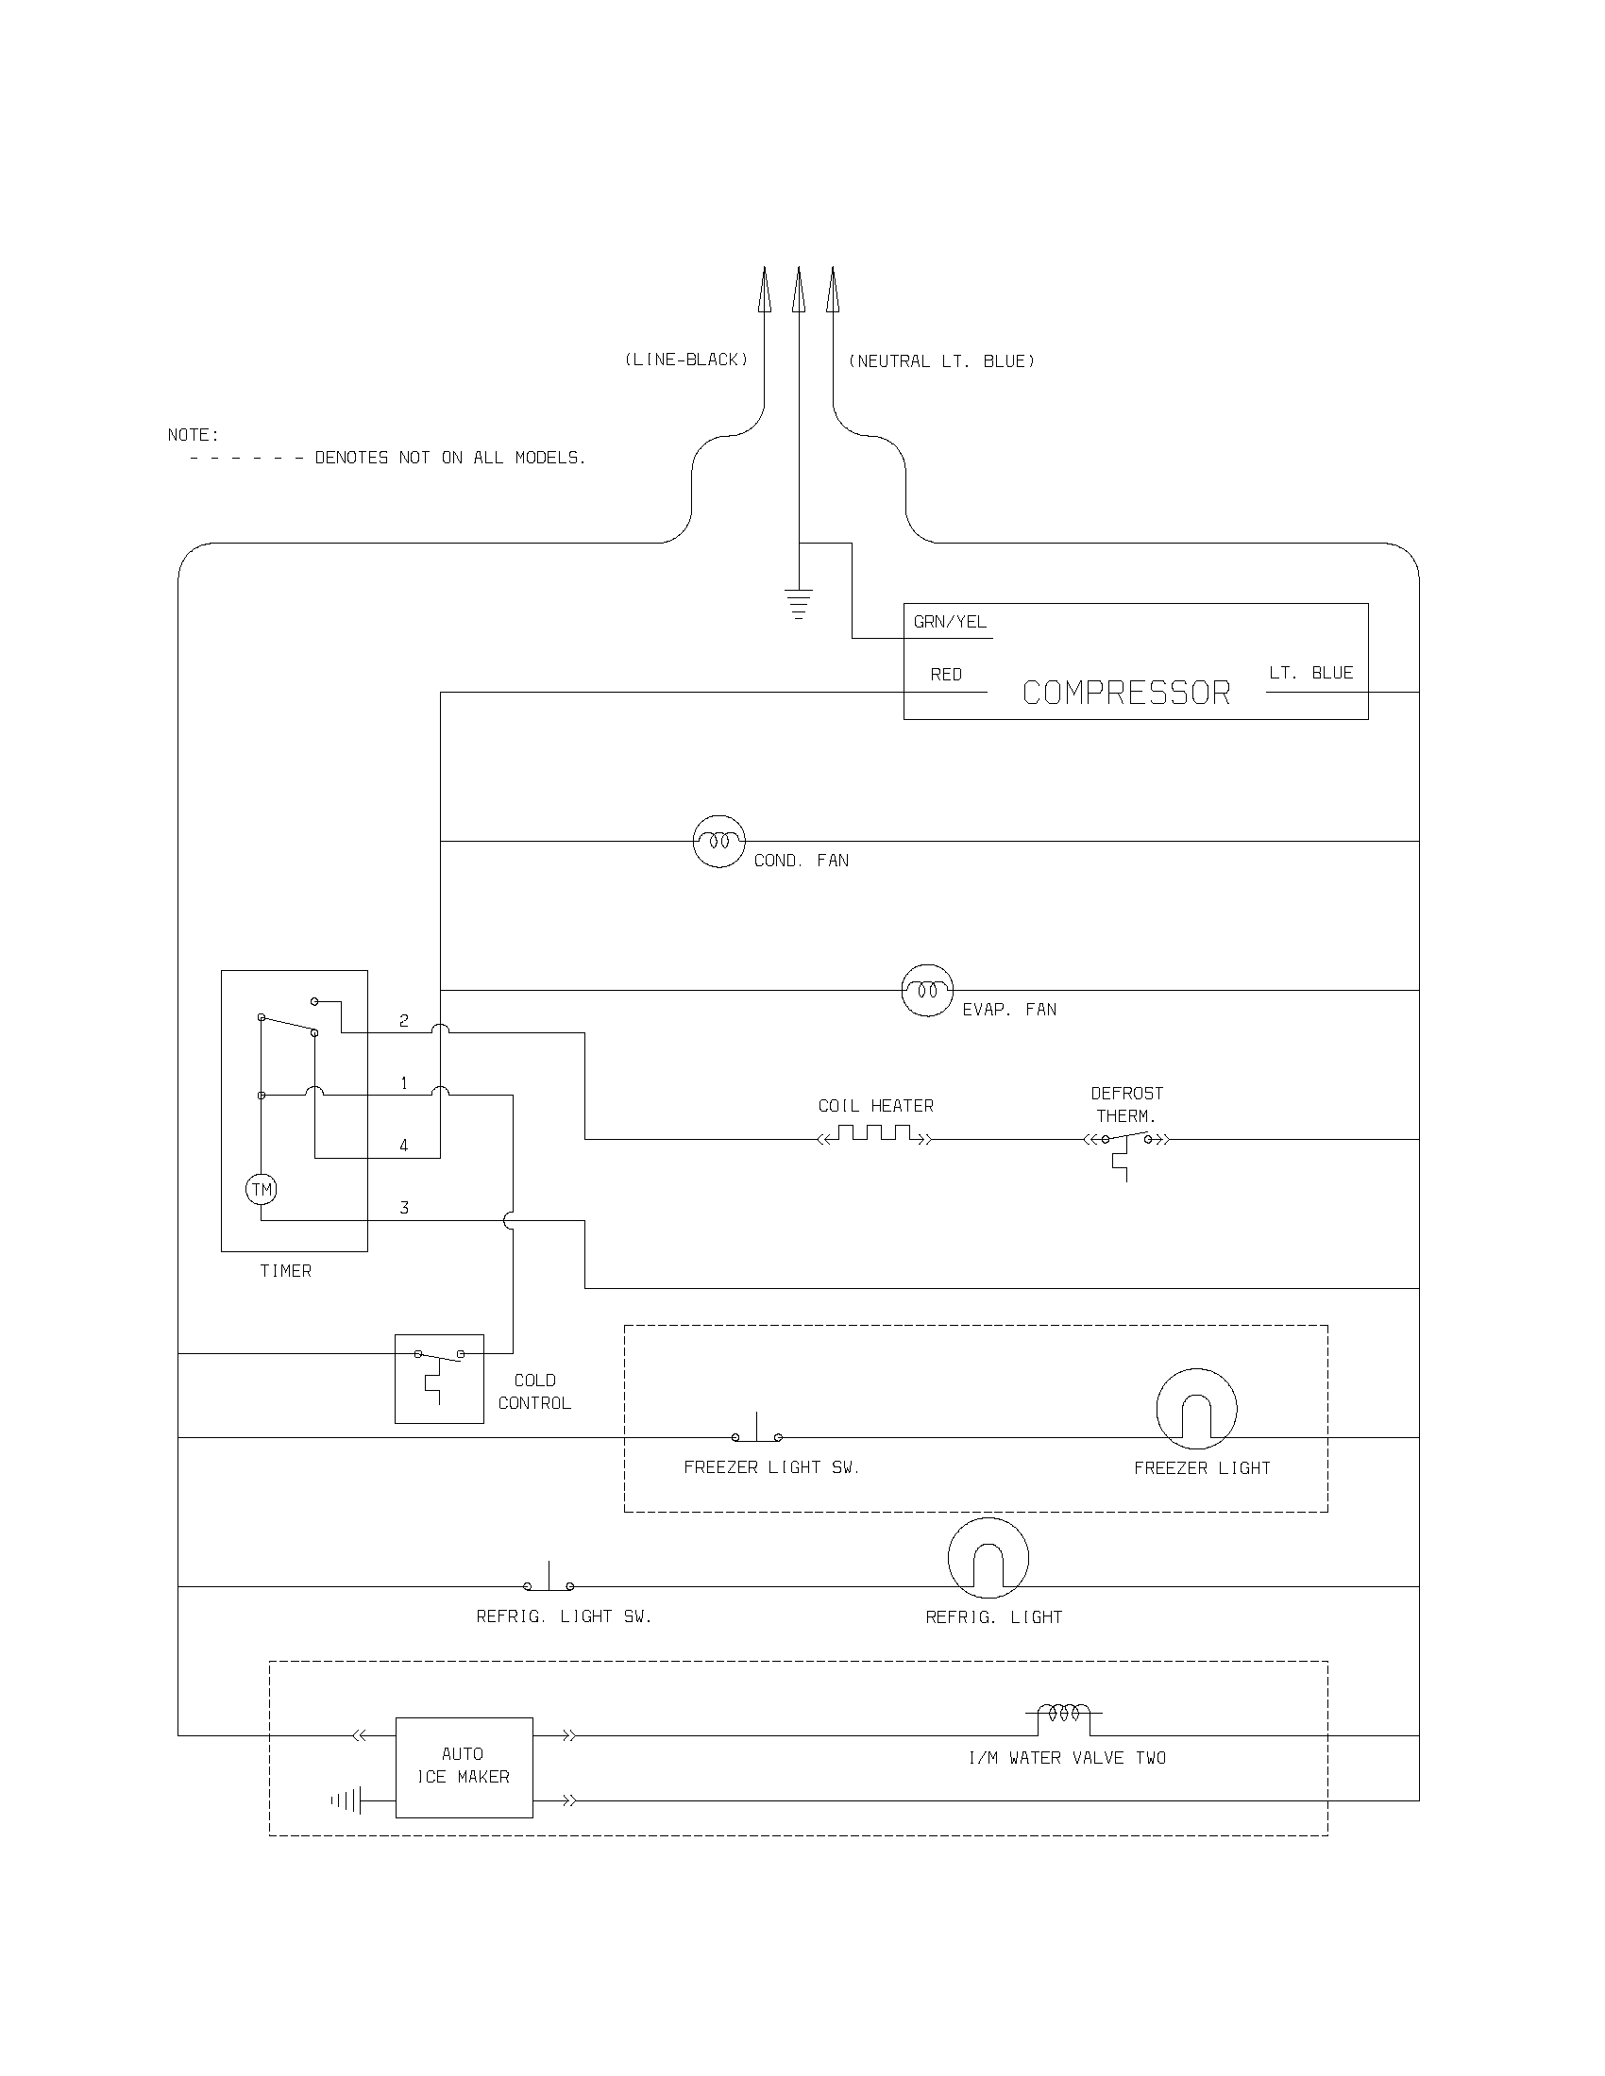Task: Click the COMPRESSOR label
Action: (x=1125, y=693)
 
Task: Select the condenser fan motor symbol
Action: (x=718, y=841)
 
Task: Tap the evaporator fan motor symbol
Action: (x=927, y=991)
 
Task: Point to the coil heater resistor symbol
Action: (x=875, y=1135)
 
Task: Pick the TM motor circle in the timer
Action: (x=262, y=1189)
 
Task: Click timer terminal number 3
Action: (x=404, y=1208)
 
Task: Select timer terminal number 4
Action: (x=404, y=1146)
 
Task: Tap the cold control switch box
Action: (x=439, y=1379)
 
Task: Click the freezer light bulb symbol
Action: (x=1196, y=1410)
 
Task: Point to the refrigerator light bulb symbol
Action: (x=988, y=1558)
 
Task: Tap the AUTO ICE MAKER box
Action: (x=464, y=1767)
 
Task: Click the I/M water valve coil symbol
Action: (x=1063, y=1714)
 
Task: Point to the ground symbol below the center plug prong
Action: (x=798, y=604)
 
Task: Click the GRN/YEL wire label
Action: (x=950, y=622)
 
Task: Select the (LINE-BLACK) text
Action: (x=685, y=360)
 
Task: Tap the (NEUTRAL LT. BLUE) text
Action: (x=941, y=361)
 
